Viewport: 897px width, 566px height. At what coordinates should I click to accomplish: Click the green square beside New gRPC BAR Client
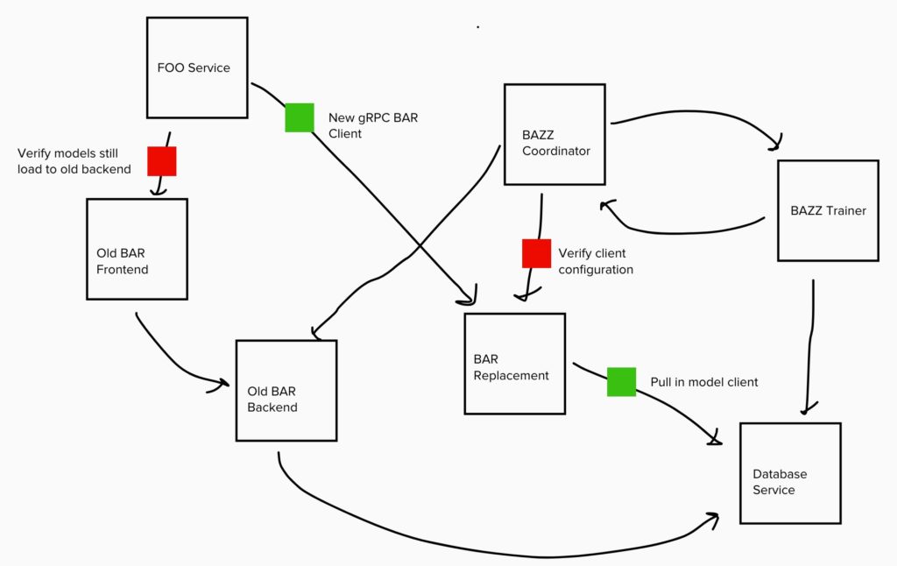click(x=300, y=117)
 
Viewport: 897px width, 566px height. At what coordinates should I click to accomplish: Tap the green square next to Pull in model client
click(x=621, y=382)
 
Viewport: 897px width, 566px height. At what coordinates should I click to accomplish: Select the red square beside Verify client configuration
click(x=537, y=253)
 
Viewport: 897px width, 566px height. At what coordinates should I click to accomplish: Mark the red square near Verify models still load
click(x=162, y=161)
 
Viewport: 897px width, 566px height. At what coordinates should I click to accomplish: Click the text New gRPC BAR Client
click(x=373, y=125)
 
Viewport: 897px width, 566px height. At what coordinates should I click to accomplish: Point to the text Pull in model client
click(x=704, y=382)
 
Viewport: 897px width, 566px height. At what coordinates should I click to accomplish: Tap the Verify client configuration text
click(x=596, y=261)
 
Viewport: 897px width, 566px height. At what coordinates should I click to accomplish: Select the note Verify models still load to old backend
click(x=74, y=161)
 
